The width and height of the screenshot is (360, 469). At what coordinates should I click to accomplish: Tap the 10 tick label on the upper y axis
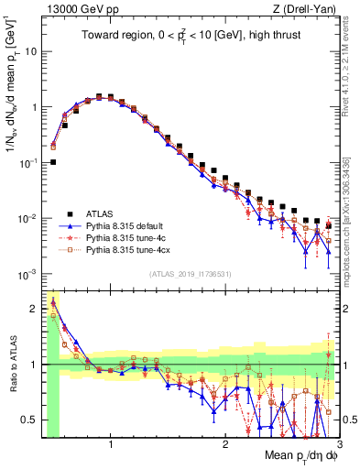(x=29, y=51)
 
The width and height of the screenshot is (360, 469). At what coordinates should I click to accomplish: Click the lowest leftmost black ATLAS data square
(x=53, y=162)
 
